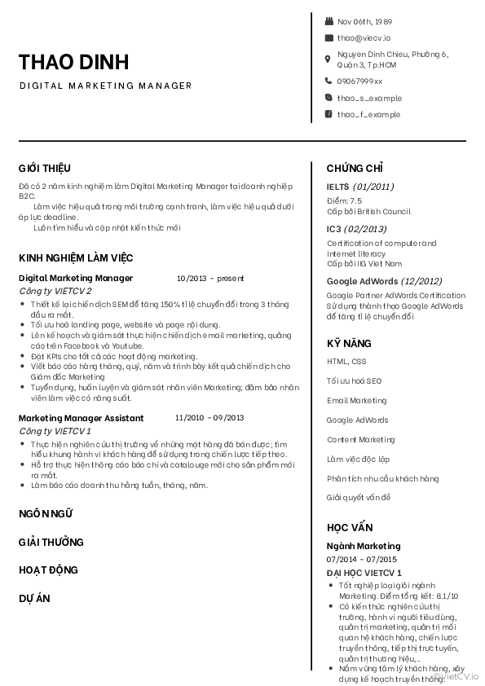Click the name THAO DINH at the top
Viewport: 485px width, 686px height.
tap(73, 63)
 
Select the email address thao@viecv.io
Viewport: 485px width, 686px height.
tap(364, 37)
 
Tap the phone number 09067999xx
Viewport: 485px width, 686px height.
tap(359, 81)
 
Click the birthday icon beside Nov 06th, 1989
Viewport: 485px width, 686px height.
tap(328, 21)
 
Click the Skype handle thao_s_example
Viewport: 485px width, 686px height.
tap(369, 98)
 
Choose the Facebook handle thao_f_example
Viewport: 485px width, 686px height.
tap(368, 114)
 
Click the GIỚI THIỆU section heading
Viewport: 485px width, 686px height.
tap(45, 169)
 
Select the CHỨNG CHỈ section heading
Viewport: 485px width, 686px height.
tap(355, 169)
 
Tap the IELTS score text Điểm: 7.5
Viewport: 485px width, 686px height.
tap(344, 200)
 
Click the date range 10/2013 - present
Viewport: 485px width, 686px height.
tap(209, 278)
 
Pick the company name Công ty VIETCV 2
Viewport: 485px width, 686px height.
tap(55, 291)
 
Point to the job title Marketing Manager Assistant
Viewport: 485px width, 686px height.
tap(81, 418)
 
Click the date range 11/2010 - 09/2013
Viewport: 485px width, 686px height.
tap(209, 418)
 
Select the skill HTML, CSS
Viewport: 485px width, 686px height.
tap(346, 361)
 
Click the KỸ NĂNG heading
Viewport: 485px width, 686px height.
tap(349, 343)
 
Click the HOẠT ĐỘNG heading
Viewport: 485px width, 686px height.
tap(48, 569)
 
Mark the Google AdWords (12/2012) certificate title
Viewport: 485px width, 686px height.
tap(384, 281)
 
